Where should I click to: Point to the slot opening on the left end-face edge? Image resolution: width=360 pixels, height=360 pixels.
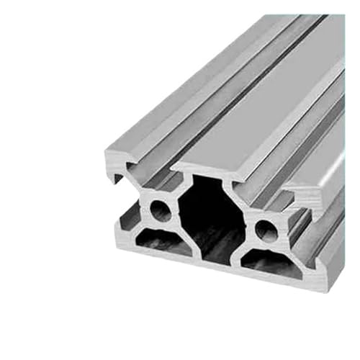pos(115,189)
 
